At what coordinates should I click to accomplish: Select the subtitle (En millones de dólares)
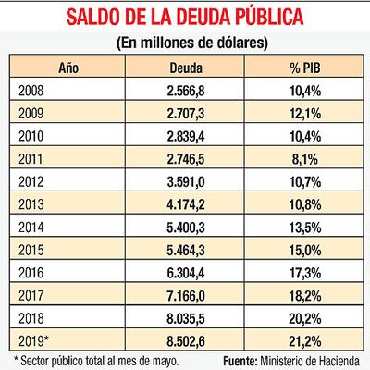(185, 43)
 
